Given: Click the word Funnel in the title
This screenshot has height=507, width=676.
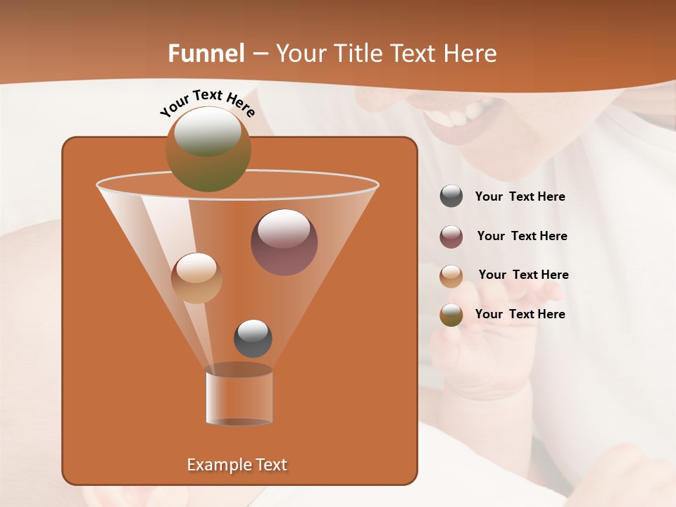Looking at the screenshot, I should point(206,54).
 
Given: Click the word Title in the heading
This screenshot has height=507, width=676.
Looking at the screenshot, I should point(357,54).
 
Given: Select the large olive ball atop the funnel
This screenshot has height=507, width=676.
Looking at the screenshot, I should point(208,149).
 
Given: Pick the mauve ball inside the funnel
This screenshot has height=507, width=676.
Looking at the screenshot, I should point(284,242).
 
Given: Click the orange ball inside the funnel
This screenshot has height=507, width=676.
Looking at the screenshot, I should point(196,278).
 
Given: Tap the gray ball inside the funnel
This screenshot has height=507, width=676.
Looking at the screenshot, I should point(253,338).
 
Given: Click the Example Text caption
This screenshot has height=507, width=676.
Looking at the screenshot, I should point(237,465).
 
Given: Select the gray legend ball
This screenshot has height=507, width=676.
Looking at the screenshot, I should point(451,196).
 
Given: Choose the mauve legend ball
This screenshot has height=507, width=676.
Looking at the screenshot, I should point(451,237).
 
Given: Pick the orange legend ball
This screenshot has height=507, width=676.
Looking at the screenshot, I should point(451,275).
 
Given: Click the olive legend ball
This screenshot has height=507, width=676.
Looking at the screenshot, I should point(451,315).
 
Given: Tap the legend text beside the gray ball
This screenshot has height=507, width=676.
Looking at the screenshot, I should point(520,197).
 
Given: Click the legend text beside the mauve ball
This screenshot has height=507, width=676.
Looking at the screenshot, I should point(522,237).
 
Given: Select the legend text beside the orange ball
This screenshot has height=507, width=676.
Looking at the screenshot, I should point(523,275).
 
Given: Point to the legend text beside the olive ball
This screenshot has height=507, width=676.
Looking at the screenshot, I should point(520,315).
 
